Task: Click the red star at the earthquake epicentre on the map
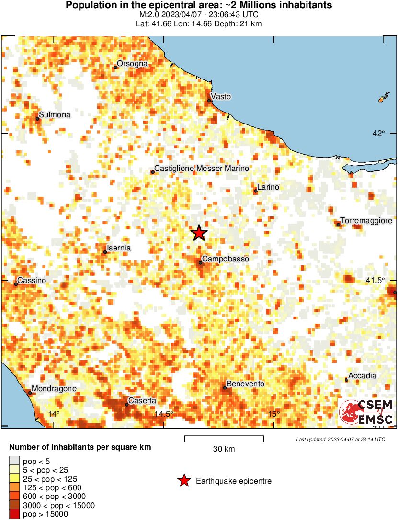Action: (x=199, y=233)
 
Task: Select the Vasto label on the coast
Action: (x=221, y=97)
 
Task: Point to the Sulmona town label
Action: (x=55, y=114)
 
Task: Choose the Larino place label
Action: (x=268, y=187)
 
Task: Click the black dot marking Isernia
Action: (x=105, y=252)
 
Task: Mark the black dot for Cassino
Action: (x=16, y=284)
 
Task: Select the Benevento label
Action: (x=245, y=384)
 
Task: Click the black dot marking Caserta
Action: (x=126, y=405)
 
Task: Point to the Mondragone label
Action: (x=54, y=389)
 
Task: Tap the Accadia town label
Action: (x=362, y=376)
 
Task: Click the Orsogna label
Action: (x=132, y=64)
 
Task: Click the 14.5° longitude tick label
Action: (x=164, y=414)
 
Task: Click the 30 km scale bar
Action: (x=224, y=437)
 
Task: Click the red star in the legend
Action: (x=184, y=481)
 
